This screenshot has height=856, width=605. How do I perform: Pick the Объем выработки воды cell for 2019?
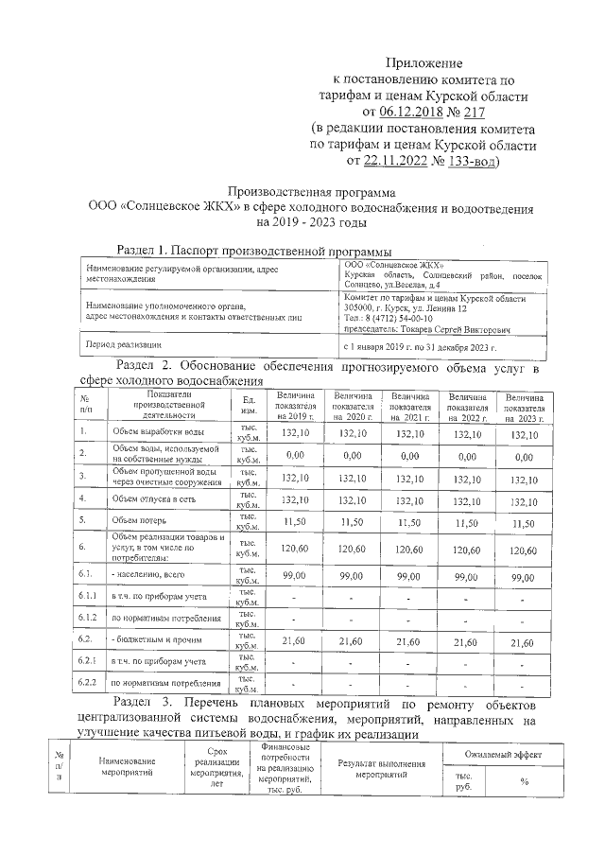pyautogui.click(x=296, y=433)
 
